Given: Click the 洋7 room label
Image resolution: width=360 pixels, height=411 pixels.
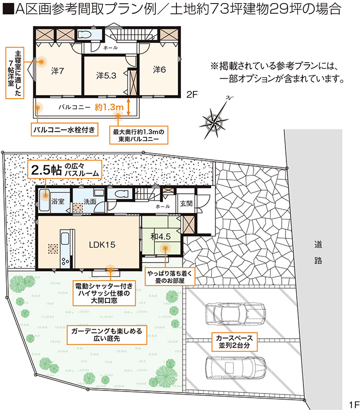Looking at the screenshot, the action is (x=58, y=71).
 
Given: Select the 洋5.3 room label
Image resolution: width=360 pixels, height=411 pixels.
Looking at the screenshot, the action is (x=106, y=76).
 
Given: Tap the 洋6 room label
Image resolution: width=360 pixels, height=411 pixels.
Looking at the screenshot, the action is (x=159, y=69).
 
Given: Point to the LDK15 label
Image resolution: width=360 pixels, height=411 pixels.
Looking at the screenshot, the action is (x=102, y=245).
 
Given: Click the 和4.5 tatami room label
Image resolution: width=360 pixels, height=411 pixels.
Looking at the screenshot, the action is (x=160, y=236).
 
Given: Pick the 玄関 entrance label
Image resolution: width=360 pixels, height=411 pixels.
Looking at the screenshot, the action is (x=186, y=203).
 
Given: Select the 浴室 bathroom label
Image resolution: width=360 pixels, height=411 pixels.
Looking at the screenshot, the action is (x=58, y=201).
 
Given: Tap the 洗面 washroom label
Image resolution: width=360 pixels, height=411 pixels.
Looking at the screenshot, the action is (x=89, y=201).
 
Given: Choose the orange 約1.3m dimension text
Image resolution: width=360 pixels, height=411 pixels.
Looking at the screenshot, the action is (x=109, y=107).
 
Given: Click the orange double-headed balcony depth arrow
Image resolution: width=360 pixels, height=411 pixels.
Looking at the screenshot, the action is (x=128, y=107).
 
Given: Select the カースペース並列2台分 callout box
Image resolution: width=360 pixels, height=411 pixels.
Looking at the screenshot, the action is (x=235, y=342).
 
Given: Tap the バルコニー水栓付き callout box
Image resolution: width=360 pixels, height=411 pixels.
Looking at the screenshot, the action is (x=65, y=129).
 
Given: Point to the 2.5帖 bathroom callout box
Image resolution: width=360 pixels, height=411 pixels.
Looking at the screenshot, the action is (x=65, y=170).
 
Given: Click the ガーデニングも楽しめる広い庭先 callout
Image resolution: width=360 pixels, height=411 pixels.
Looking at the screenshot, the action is (x=107, y=335).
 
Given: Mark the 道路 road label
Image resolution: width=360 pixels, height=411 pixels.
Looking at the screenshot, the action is (x=318, y=252).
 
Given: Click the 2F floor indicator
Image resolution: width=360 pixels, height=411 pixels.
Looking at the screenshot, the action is (x=192, y=95).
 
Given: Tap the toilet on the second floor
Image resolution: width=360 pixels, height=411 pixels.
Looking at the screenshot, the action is (x=85, y=34).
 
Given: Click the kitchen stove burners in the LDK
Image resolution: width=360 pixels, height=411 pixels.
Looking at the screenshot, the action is (x=65, y=261).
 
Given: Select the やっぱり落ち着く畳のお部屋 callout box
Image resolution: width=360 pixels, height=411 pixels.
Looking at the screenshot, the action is (x=170, y=276).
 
